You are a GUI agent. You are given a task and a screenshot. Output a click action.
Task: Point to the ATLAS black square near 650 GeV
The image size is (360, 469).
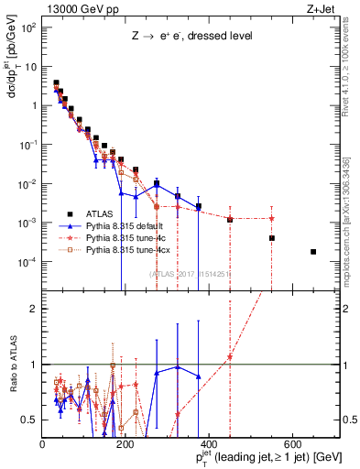(x=313, y=252)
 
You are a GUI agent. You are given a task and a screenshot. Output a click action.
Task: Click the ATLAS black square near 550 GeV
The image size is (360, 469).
(x=272, y=238)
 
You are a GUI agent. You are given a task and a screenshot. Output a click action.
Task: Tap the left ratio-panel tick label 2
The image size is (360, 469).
(x=35, y=309)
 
